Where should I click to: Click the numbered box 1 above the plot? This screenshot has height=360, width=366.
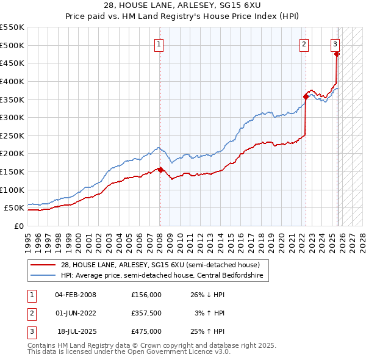tap(159, 43)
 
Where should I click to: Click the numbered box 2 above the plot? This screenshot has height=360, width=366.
tap(304, 43)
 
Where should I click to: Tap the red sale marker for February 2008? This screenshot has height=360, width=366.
tap(160, 170)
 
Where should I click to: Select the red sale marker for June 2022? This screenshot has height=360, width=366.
tap(306, 96)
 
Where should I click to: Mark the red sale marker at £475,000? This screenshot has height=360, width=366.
tap(337, 54)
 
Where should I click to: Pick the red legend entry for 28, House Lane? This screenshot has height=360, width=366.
tap(160, 265)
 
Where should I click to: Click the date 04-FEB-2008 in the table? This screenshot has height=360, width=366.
tap(75, 295)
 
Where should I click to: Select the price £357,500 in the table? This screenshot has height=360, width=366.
tap(146, 313)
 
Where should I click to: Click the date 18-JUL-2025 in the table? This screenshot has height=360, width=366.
tap(76, 331)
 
